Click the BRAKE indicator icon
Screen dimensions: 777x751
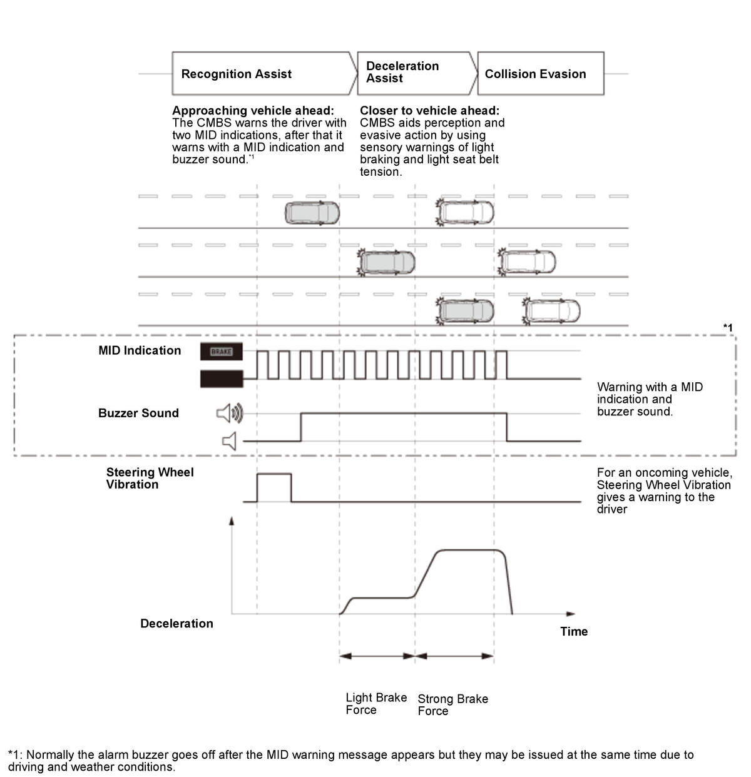point(221,352)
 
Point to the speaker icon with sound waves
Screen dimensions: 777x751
point(230,413)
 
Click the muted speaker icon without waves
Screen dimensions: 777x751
point(229,441)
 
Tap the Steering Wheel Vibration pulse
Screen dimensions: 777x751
point(274,487)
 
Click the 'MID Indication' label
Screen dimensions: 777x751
point(140,350)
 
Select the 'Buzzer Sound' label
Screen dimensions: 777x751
point(138,413)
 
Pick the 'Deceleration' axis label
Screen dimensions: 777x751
point(176,623)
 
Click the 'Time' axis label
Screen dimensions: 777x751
point(574,631)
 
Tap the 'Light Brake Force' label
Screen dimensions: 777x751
point(376,704)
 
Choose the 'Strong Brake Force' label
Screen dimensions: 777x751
point(452,705)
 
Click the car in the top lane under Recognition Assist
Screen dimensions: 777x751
point(312,213)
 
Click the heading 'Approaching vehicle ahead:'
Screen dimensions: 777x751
point(253,111)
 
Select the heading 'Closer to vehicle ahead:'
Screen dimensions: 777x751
point(429,111)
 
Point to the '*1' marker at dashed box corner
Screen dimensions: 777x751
point(728,327)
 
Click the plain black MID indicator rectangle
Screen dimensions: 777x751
point(221,379)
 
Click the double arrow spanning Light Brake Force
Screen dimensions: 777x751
point(377,656)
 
